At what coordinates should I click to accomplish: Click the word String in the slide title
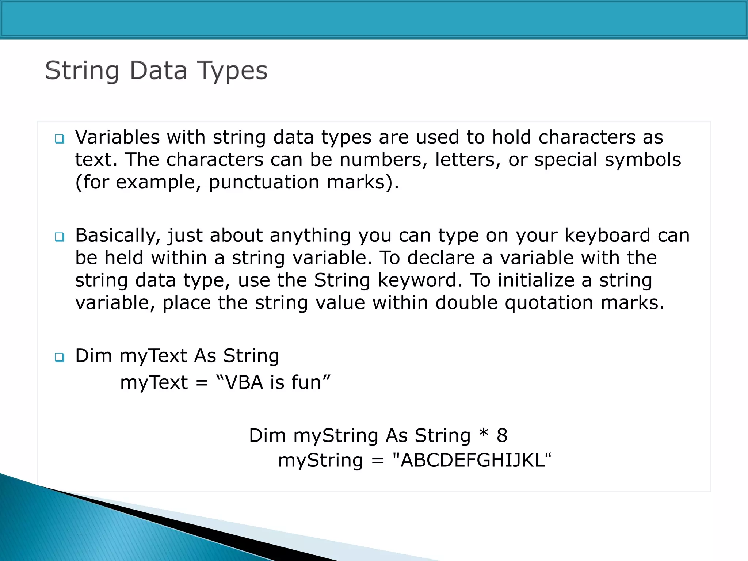[x=82, y=71]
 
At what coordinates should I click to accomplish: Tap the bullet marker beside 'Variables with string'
[x=59, y=139]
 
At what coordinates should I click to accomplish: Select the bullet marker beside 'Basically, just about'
[x=59, y=237]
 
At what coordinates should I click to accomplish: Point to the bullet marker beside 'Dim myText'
[x=59, y=357]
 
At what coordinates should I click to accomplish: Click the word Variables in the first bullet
[x=117, y=137]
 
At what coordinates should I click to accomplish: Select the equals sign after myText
[x=202, y=383]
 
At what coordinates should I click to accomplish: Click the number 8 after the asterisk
[x=502, y=435]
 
